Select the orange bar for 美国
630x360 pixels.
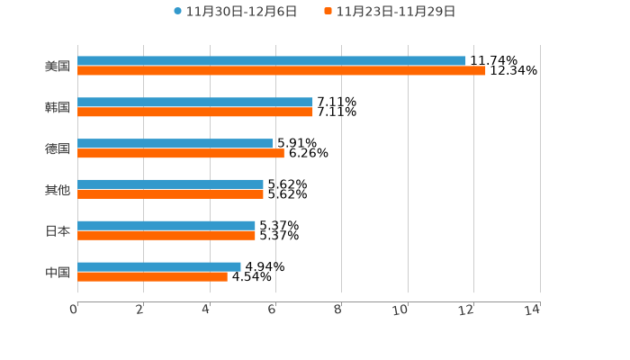pyautogui.click(x=282, y=71)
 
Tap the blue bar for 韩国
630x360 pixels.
pyautogui.click(x=195, y=103)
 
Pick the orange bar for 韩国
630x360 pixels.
pyautogui.click(x=195, y=112)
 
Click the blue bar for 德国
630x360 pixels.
pyautogui.click(x=175, y=144)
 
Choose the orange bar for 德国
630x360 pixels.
pyautogui.click(x=181, y=154)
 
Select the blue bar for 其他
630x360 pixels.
pyautogui.click(x=170, y=184)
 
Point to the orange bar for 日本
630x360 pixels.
pyautogui.click(x=166, y=236)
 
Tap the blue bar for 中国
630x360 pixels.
pyautogui.click(x=159, y=267)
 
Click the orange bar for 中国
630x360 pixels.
pyautogui.click(x=152, y=277)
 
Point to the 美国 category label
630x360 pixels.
pyautogui.click(x=58, y=67)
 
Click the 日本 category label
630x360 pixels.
pyautogui.click(x=58, y=231)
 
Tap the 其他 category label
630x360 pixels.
pyautogui.click(x=58, y=190)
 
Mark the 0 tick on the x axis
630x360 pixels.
pyautogui.click(x=74, y=310)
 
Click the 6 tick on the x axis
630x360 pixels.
pyautogui.click(x=272, y=310)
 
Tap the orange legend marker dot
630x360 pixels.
pyautogui.click(x=328, y=12)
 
